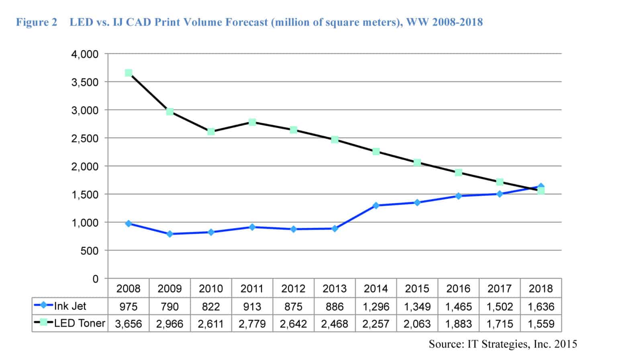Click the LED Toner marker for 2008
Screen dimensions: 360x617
pos(129,73)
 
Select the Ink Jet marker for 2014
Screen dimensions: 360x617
pos(376,206)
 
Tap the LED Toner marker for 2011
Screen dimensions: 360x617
pos(252,122)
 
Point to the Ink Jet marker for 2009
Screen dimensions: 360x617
pos(170,234)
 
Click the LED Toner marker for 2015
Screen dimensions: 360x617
pos(417,162)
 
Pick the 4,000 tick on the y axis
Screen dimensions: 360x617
pos(85,54)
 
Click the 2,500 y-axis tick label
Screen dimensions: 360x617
pos(85,139)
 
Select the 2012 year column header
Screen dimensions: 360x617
pos(293,288)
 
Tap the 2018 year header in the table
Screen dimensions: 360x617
pos(541,288)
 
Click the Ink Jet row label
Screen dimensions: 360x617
pos(70,306)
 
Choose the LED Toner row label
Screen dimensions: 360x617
pos(80,323)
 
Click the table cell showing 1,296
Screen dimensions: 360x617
pos(376,307)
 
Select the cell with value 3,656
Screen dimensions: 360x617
pos(129,324)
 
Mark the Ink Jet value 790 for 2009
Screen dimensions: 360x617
pos(170,307)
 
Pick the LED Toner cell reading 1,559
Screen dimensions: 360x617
pos(541,324)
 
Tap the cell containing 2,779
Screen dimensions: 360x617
pos(252,324)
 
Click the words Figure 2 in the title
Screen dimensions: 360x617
pos(37,22)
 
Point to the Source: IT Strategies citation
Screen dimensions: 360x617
pos(503,344)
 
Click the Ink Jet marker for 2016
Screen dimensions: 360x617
pos(458,196)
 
